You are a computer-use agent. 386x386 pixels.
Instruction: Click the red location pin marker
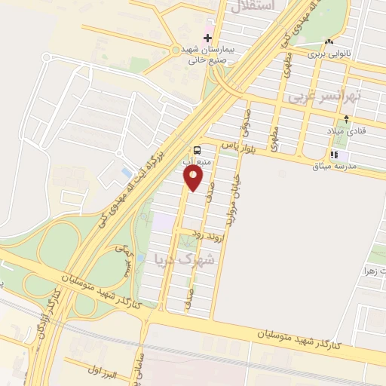tap(194, 178)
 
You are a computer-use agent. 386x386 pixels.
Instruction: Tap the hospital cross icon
tap(208, 38)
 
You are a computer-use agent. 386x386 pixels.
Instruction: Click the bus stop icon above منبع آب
tap(197, 149)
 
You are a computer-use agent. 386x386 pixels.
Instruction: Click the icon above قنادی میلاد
tap(347, 118)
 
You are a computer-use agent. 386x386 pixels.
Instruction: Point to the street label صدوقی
tap(245, 124)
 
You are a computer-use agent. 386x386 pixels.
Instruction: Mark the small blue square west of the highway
tap(125, 173)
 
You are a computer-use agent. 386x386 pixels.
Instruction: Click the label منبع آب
tap(198, 161)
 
